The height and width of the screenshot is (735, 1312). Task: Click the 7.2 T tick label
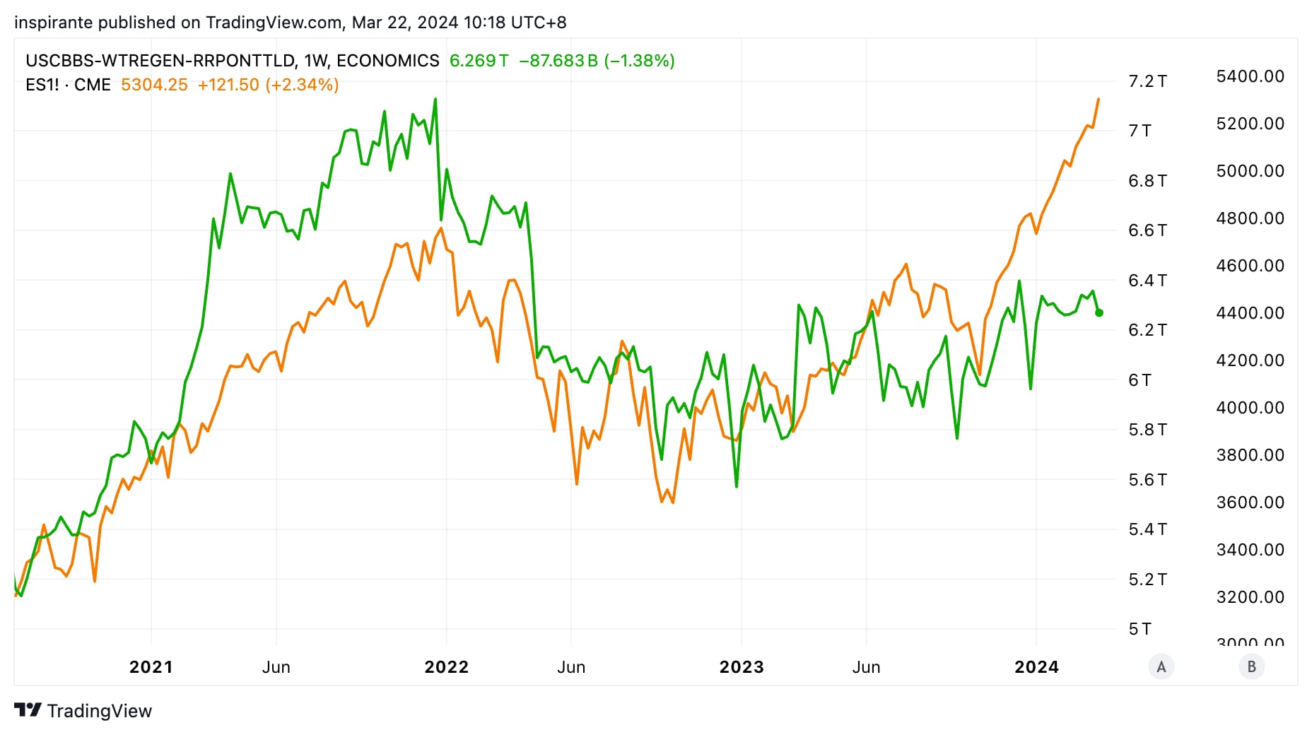click(1147, 81)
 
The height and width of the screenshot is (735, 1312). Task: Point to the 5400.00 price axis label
click(1249, 76)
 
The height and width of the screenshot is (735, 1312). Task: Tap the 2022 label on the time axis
click(446, 667)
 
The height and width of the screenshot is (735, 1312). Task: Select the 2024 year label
click(1036, 667)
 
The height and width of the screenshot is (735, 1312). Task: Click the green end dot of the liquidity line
click(1099, 312)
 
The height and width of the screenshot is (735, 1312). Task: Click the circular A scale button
click(1161, 666)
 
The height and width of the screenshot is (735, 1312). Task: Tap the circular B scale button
click(1251, 666)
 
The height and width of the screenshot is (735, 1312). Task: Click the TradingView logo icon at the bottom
click(28, 710)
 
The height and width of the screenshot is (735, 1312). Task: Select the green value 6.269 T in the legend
click(479, 61)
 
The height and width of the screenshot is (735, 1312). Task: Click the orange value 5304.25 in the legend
click(154, 85)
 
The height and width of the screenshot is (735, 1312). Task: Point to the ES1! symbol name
click(42, 85)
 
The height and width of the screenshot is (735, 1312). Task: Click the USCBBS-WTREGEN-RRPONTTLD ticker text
click(160, 61)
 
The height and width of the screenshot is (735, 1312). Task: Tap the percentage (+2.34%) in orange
click(302, 85)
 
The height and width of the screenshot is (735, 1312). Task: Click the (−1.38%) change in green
click(639, 61)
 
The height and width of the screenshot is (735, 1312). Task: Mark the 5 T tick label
click(1140, 629)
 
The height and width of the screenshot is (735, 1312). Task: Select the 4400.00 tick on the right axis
click(1249, 313)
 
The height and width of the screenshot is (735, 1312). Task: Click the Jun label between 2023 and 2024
click(866, 667)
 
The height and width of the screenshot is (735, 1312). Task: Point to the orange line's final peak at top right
click(1098, 100)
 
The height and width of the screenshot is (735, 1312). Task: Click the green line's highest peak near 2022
click(435, 100)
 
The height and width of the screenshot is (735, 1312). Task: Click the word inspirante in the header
click(54, 23)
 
